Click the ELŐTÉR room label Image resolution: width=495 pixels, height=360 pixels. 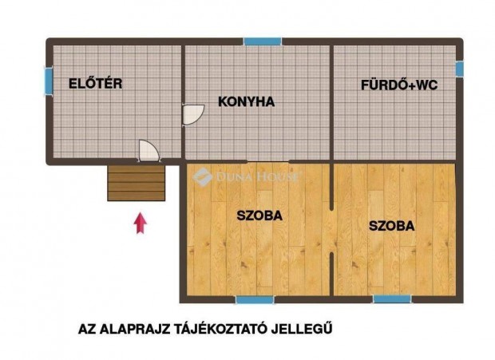95,82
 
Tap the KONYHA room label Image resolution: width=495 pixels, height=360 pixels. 247,101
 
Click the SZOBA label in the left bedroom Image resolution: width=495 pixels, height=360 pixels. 259,214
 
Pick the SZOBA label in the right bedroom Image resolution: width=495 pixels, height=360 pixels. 391,226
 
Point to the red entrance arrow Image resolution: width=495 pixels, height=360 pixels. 141,223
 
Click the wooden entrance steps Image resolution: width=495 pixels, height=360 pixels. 137,183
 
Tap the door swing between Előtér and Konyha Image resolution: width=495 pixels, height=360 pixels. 192,115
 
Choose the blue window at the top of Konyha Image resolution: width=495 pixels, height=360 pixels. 262,42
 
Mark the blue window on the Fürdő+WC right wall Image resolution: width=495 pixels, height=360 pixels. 459,69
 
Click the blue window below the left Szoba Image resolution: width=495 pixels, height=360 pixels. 255,299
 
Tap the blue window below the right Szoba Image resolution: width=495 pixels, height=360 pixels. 392,299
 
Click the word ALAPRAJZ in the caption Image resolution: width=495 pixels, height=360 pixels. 137,327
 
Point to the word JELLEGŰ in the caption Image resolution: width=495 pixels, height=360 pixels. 307,327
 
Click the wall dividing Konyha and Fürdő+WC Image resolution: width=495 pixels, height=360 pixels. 331,101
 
